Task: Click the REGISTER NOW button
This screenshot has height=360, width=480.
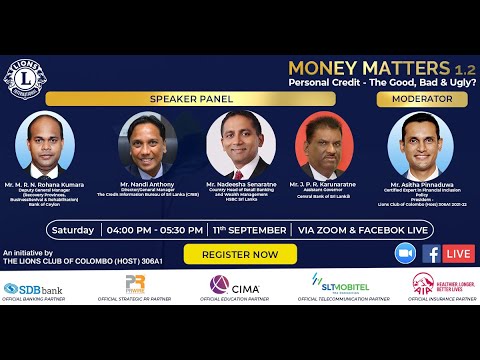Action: pyautogui.click(x=241, y=255)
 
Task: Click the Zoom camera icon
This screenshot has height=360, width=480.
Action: pyautogui.click(x=405, y=253)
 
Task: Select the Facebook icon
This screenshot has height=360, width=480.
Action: pyautogui.click(x=431, y=253)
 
